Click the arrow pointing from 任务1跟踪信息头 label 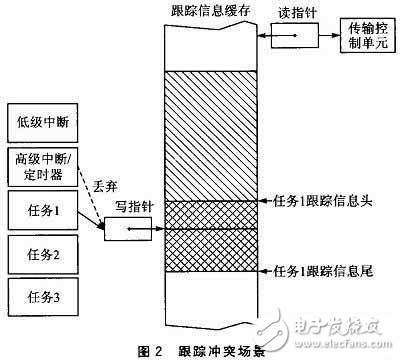253,202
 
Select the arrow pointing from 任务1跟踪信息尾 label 253,270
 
